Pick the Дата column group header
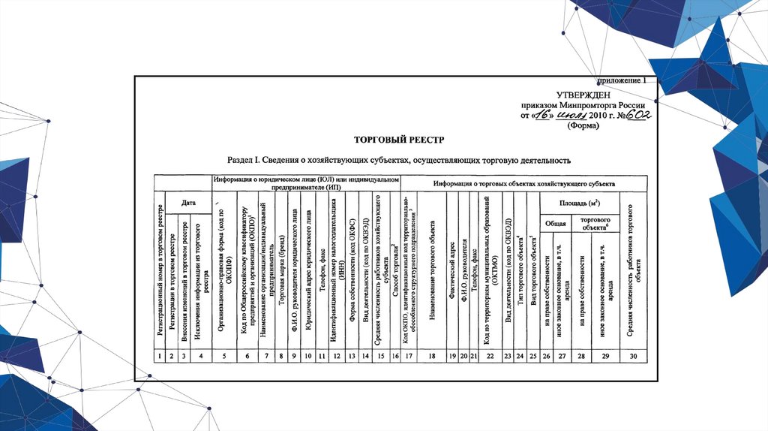tap(188, 203)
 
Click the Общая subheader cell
tap(555, 223)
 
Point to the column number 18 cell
tap(432, 355)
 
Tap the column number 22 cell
tap(490, 355)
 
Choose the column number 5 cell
tap(225, 355)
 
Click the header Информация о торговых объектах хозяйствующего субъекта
tap(523, 183)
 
